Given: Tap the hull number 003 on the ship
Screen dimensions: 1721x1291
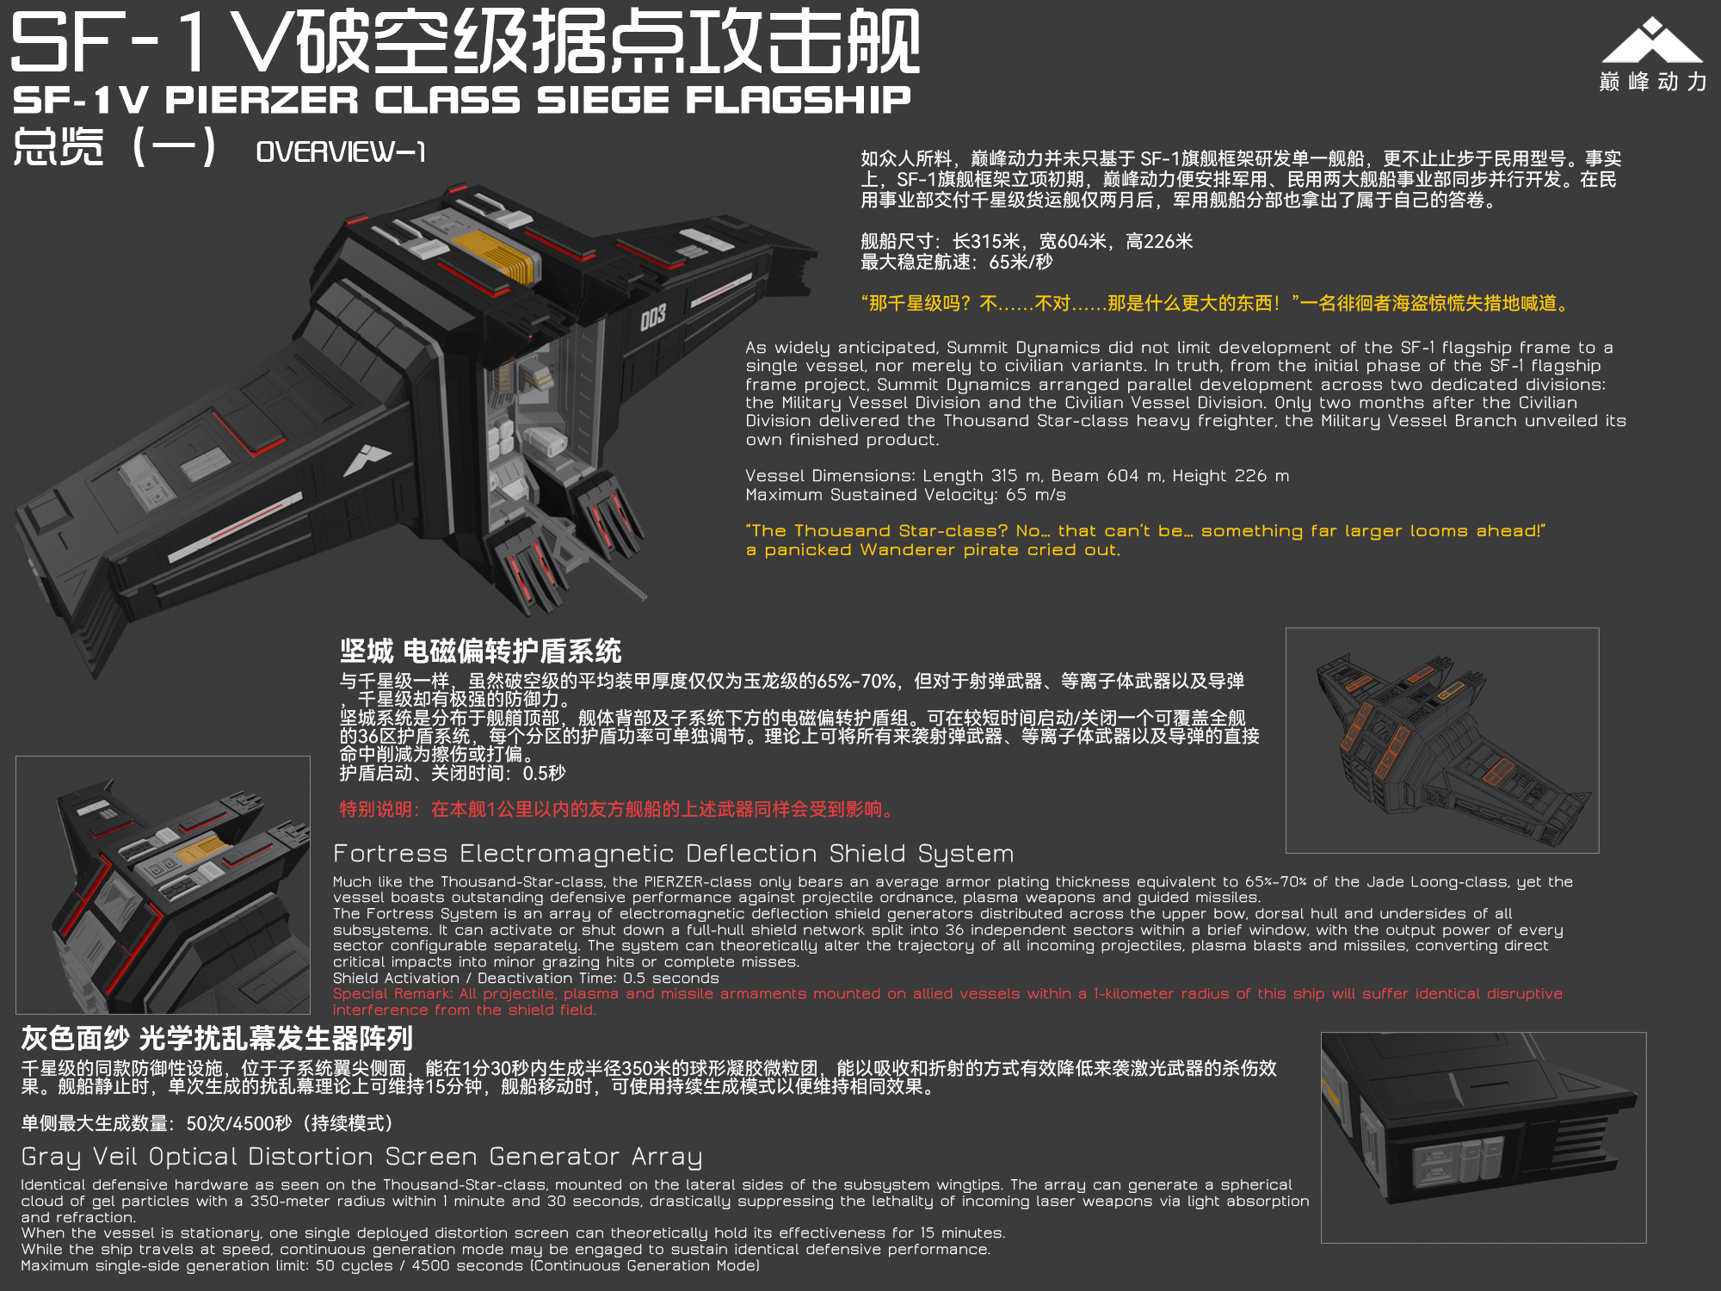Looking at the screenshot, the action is coord(653,318).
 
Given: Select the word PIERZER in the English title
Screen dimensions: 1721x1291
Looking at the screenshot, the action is coord(262,101).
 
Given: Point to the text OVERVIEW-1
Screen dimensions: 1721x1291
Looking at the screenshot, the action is coord(341,152).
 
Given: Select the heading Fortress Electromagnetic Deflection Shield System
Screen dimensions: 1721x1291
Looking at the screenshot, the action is coord(674,854).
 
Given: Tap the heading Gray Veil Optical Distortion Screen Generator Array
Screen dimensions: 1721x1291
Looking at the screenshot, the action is coord(361,1157).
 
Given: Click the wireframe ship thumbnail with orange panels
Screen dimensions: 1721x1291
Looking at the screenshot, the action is coord(1442,740).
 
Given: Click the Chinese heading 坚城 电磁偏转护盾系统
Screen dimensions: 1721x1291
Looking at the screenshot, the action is coord(480,651).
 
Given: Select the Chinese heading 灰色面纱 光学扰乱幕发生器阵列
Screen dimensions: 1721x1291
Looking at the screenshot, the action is coord(217,1039).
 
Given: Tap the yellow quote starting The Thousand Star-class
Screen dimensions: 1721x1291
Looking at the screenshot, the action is coord(1146,540).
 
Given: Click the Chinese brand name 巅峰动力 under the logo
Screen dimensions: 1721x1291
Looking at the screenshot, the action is coord(1653,82).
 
